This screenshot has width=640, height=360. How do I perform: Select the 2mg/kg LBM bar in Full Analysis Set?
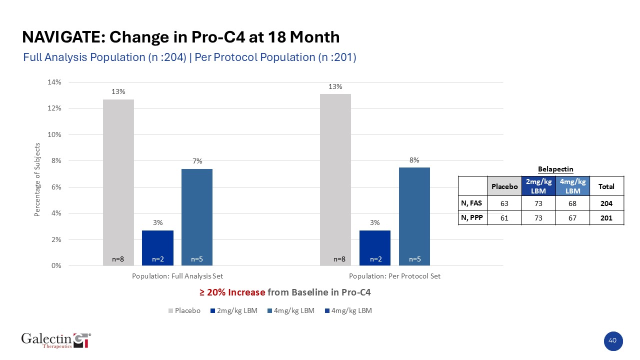(157, 247)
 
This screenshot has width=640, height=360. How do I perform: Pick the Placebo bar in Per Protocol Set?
(335, 180)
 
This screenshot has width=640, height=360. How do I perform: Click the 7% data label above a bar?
(197, 161)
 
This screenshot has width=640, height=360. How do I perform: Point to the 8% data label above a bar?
(414, 160)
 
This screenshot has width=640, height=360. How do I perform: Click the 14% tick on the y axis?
(54, 82)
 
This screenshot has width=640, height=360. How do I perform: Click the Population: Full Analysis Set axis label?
(177, 276)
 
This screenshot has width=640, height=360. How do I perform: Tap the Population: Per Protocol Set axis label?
(394, 276)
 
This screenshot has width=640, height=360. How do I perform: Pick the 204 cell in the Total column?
(606, 203)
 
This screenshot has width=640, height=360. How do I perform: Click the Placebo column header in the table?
(504, 186)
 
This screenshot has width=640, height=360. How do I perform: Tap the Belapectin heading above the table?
(541, 169)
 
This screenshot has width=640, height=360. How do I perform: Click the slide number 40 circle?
(612, 340)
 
